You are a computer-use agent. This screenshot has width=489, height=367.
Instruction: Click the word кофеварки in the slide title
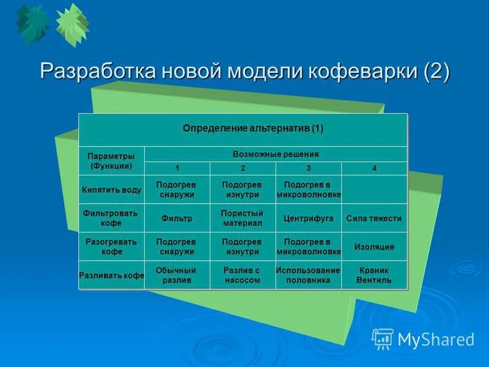357,72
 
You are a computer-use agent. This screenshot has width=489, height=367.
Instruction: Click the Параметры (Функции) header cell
111,161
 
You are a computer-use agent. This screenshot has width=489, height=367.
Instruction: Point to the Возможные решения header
276,154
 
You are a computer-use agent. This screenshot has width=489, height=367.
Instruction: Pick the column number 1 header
177,168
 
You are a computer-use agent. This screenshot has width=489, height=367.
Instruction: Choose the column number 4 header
374,168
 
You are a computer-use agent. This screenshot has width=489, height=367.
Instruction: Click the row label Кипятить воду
111,190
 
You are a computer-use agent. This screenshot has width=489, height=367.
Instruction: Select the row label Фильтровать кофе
111,218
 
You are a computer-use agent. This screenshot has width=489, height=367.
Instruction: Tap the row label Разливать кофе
111,275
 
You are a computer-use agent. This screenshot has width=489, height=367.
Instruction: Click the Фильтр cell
177,218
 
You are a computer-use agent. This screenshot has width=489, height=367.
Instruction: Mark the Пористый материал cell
243,218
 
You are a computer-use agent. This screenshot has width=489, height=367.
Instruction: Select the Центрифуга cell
308,218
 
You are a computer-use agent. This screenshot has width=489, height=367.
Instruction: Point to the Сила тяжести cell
374,218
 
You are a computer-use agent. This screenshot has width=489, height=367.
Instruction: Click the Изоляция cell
374,247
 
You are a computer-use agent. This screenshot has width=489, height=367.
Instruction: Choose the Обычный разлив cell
177,275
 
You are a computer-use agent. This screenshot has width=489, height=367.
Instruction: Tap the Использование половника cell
308,275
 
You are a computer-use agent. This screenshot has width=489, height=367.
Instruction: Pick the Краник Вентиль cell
374,275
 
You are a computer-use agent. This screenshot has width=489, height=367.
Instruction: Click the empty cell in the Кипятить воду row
374,190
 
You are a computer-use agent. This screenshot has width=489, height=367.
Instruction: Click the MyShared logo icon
383,338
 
